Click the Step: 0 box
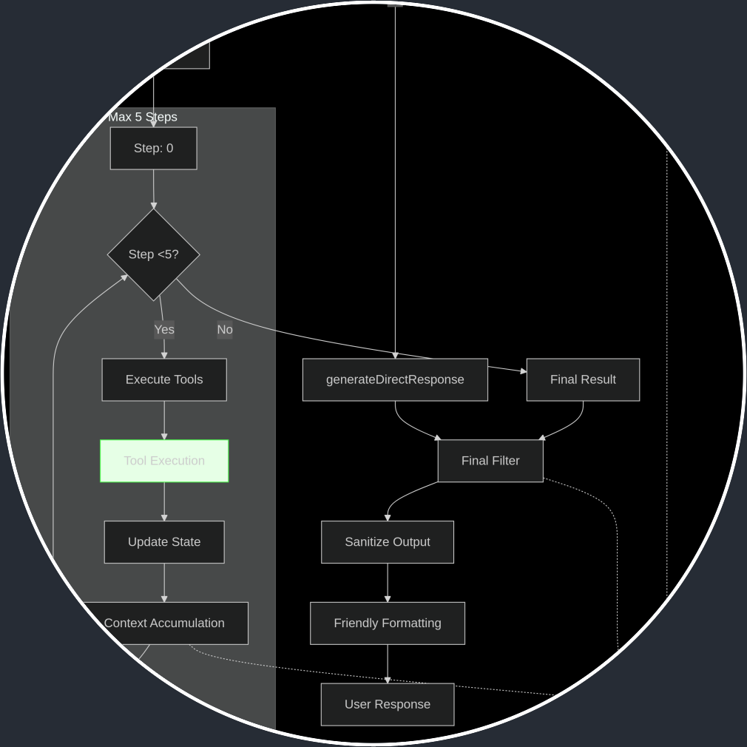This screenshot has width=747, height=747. pos(153,148)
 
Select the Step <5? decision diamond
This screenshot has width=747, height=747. pos(153,254)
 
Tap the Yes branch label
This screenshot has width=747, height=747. pos(164,330)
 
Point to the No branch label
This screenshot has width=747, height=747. pos(225,330)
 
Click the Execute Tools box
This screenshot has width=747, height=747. pos(164,379)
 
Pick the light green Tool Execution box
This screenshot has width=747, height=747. pos(164,461)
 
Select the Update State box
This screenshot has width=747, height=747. pos(164,542)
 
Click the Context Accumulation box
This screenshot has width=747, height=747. pos(164,623)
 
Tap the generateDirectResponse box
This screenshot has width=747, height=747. pos(395,379)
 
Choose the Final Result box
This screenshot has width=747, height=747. pos(583,379)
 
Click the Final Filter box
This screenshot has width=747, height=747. pos(490,461)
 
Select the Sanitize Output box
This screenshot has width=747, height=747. pos(387,542)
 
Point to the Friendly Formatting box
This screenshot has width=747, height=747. pos(387,623)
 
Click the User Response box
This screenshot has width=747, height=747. pos(387,704)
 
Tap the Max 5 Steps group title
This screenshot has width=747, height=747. pos(143,117)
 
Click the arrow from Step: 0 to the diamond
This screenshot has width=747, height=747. pos(154,189)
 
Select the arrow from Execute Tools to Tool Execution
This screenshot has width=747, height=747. pos(164,420)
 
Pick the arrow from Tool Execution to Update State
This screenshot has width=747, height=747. pos(164,501)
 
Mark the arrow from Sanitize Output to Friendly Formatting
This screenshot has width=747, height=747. pos(387,583)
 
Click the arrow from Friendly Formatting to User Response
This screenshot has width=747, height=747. pos(387,663)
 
